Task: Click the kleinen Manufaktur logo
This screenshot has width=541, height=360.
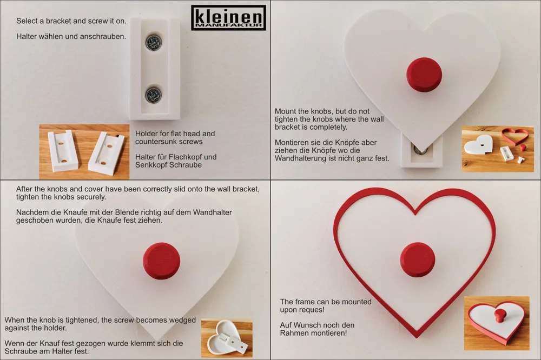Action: [x=228, y=18]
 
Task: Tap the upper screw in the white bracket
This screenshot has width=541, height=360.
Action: [x=153, y=42]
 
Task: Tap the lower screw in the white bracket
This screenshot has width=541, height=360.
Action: [x=153, y=94]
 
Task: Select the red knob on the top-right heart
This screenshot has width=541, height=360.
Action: [x=424, y=75]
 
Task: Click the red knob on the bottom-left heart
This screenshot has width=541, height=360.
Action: [x=161, y=261]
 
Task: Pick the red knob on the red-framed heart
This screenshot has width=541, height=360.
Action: [x=418, y=259]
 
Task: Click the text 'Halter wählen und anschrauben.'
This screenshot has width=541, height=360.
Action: [x=71, y=37]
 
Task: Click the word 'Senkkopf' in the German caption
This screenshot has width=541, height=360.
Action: [x=151, y=165]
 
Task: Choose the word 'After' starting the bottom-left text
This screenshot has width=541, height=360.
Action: [x=24, y=189]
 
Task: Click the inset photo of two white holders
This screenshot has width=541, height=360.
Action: [x=84, y=152]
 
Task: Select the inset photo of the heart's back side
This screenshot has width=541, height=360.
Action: [x=227, y=338]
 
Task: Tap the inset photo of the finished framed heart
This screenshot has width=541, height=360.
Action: [x=497, y=323]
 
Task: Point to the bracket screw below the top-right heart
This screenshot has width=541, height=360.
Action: [x=420, y=150]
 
